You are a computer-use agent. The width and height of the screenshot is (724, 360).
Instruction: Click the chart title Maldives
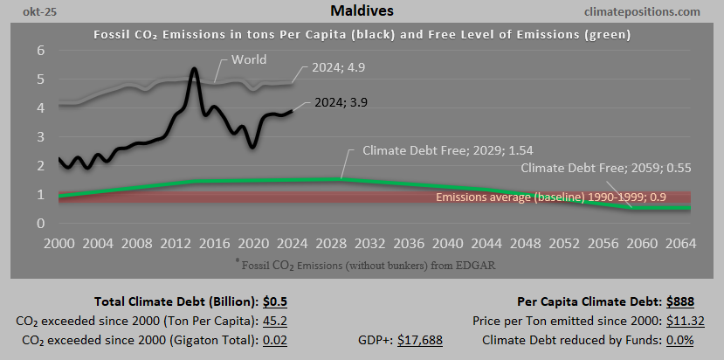(362, 12)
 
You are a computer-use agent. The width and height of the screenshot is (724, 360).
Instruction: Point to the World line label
(249, 60)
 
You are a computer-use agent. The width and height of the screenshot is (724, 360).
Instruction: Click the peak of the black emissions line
(193, 69)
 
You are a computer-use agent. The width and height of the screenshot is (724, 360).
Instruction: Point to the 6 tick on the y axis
(39, 51)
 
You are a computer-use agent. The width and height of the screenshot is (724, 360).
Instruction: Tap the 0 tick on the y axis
(39, 224)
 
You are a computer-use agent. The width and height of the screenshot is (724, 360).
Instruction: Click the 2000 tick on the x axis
(59, 242)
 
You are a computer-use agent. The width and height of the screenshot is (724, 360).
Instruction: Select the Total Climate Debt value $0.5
(275, 302)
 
